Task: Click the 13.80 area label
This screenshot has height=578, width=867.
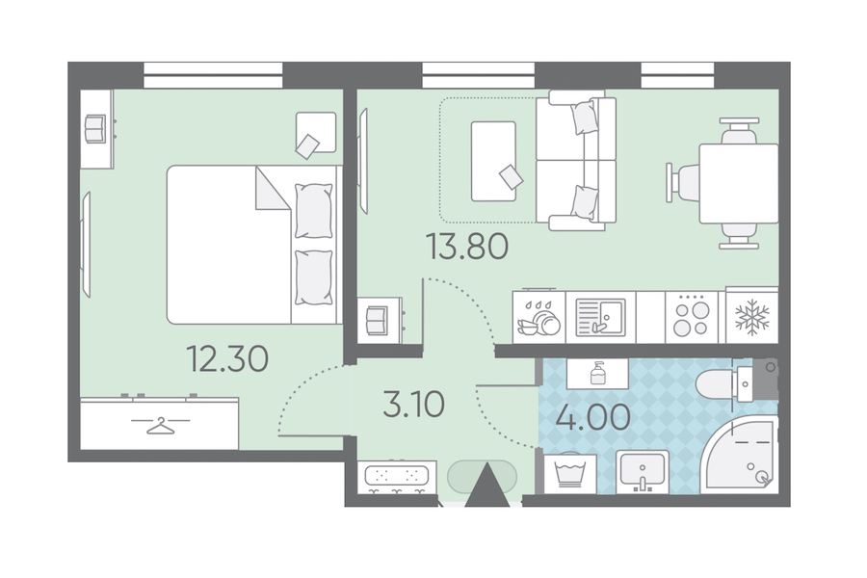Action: (x=467, y=247)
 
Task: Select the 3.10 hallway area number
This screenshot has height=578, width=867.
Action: (x=413, y=405)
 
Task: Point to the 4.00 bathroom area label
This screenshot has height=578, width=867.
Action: (x=592, y=417)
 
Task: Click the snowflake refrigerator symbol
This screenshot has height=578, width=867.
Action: (x=752, y=317)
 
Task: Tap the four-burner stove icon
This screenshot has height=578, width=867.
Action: (x=691, y=317)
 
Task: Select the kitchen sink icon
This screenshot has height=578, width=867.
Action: (x=600, y=318)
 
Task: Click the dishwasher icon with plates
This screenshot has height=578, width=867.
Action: (x=539, y=319)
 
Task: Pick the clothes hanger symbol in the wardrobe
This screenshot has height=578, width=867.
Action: (x=160, y=425)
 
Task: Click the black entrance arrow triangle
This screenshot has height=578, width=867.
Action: (x=487, y=486)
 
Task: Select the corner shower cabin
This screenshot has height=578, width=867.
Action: (x=740, y=454)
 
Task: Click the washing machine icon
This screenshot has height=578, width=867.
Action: (x=570, y=474)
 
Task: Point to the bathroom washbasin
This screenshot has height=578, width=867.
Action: (x=643, y=472)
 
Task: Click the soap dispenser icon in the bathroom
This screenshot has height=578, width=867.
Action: (x=597, y=373)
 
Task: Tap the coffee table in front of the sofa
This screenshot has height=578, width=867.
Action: (x=493, y=162)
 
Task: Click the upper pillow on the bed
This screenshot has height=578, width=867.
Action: (x=313, y=211)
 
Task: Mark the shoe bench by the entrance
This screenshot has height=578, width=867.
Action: (x=396, y=478)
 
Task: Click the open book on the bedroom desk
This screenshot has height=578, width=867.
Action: (x=95, y=128)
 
